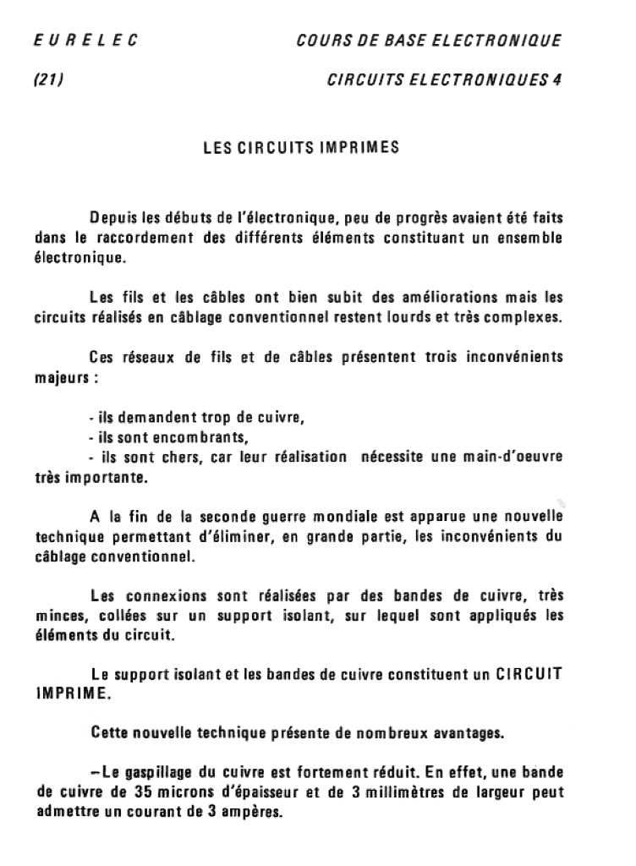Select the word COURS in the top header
click(321, 39)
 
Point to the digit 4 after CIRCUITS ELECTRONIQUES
click(556, 81)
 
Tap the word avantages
click(466, 732)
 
